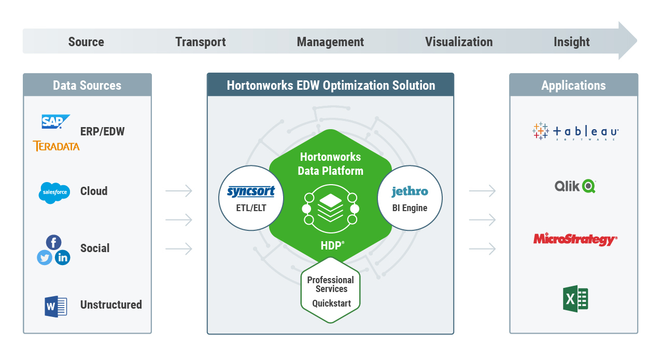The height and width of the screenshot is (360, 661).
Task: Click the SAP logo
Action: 55,122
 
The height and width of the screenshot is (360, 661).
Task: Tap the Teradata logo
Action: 56,146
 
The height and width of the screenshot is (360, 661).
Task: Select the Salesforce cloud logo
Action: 54,192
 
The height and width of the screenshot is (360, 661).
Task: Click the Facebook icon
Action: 53,242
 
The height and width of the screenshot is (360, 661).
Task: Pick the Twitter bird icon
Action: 45,257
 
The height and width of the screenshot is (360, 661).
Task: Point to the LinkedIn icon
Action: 63,257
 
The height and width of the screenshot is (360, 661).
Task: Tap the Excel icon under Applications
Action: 575,299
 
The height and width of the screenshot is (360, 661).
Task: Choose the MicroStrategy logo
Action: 575,239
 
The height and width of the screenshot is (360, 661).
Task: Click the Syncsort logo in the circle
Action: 251,192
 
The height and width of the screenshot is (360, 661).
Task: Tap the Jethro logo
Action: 410,191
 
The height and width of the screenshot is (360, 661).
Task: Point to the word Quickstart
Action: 331,303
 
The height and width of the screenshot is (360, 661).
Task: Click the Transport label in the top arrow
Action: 201,42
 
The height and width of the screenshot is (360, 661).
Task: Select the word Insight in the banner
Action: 571,42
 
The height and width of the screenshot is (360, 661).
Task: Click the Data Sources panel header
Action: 87,85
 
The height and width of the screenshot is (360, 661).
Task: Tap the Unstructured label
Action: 111,305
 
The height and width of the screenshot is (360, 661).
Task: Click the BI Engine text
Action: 410,208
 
